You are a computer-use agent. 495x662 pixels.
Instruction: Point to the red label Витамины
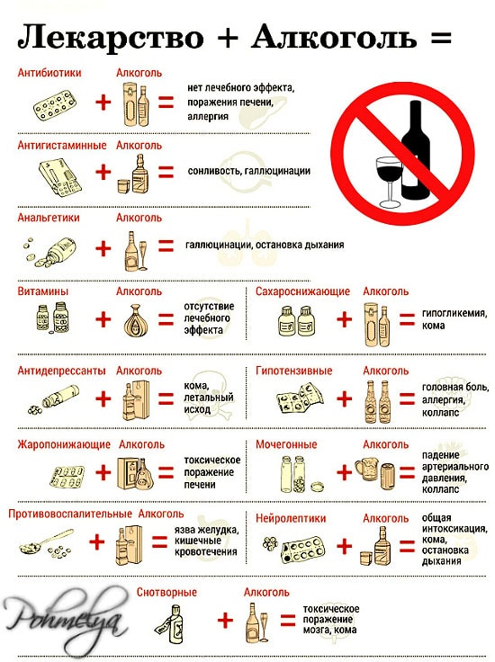pyautogui.click(x=43, y=291)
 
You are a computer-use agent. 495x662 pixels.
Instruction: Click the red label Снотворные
pyautogui.click(x=166, y=592)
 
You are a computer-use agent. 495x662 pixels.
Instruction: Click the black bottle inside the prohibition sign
pyautogui.click(x=415, y=153)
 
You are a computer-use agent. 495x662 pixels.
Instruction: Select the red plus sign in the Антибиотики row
pyautogui.click(x=103, y=102)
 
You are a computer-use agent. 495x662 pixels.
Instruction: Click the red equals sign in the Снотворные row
pyautogui.click(x=287, y=621)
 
